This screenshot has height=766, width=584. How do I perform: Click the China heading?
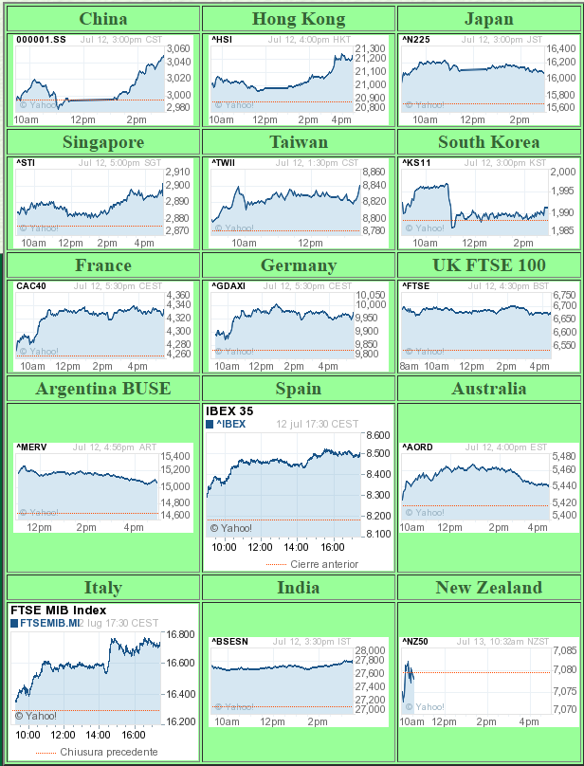coord(103,19)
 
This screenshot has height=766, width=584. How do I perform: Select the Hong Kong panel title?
coord(299,19)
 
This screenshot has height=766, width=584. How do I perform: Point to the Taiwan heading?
coord(299,142)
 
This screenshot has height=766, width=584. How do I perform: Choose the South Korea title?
coord(488,142)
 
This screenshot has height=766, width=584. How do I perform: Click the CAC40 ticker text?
coord(30,285)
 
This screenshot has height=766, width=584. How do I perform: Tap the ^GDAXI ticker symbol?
coord(229,285)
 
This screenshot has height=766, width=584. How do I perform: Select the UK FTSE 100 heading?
coord(488,265)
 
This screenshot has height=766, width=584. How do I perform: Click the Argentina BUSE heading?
coord(103,388)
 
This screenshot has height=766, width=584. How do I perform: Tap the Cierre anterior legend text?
coord(324,564)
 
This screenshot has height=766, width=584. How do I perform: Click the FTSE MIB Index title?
coord(58,611)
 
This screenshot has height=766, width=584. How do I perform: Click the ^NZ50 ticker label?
coord(416,642)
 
